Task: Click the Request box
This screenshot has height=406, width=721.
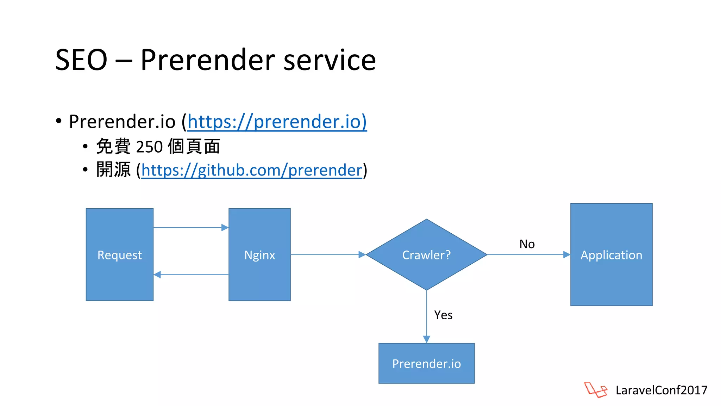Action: [x=119, y=254]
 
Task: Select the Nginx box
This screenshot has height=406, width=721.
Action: [x=259, y=254]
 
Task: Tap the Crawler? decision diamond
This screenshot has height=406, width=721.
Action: [x=426, y=254]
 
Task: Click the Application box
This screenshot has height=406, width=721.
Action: [x=611, y=254]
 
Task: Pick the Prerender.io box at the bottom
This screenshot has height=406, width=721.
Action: [x=426, y=363]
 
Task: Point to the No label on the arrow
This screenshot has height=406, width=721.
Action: [x=527, y=244]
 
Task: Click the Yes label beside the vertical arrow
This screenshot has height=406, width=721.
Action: [x=443, y=315]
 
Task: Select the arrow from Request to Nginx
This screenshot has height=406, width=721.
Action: [x=190, y=228]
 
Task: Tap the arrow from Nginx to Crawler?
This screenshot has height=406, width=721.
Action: [x=327, y=254]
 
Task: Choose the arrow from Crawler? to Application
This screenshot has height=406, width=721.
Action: [x=528, y=254]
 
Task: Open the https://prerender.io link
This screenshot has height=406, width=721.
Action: [x=277, y=122]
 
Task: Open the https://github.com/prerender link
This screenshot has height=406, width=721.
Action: [x=252, y=170]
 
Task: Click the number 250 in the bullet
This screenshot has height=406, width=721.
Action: [x=149, y=147]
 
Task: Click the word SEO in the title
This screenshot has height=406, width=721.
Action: [x=81, y=60]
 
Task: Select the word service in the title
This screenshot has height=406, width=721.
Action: [x=330, y=60]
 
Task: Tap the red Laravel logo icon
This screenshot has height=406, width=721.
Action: [x=595, y=390]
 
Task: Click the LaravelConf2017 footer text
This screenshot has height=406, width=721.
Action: [x=661, y=390]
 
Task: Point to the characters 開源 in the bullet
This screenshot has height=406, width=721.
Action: [x=113, y=170]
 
